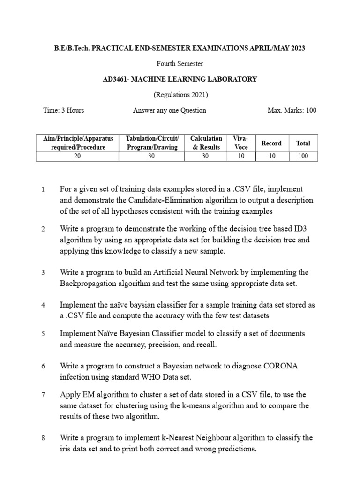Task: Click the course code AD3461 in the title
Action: tap(115, 79)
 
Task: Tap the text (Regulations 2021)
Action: tap(180, 95)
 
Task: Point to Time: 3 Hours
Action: tap(64, 110)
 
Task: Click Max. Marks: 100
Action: tap(292, 110)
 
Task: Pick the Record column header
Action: tap(271, 143)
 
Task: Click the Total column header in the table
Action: tap(303, 143)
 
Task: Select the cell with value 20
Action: tap(77, 156)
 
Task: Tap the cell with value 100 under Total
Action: tap(303, 156)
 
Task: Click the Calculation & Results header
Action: tap(206, 142)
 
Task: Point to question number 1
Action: tap(43, 190)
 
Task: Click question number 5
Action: tap(43, 334)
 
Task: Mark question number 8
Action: tap(43, 438)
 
